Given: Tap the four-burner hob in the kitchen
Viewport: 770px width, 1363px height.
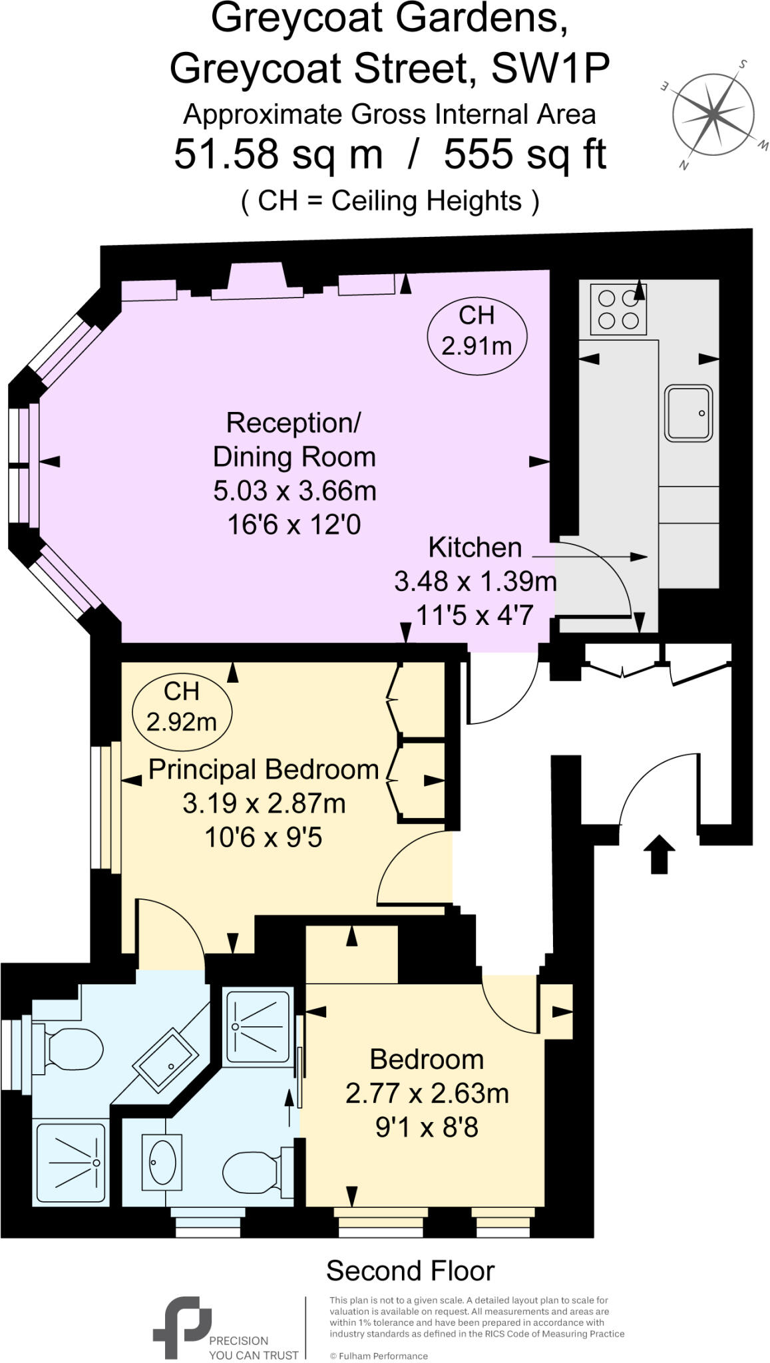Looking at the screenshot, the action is coord(618,309).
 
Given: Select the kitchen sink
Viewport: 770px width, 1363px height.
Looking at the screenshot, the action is coord(688,413).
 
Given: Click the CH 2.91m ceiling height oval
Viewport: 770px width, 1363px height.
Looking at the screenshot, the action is coord(477,331).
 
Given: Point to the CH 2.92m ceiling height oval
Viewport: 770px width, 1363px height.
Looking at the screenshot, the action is coord(182,707).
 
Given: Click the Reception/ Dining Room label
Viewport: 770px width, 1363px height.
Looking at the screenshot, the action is coord(294,440).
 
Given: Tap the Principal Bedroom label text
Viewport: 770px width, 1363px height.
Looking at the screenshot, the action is coord(264,769).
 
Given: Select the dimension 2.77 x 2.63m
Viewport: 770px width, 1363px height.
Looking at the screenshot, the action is coord(427,1093).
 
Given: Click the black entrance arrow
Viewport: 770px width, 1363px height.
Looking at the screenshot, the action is coord(659,853).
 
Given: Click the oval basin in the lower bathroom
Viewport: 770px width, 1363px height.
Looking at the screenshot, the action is coord(162,1162).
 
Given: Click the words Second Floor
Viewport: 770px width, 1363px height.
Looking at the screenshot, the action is coord(411,1271).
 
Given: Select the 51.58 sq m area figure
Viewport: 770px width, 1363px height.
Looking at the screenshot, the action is coord(278,154).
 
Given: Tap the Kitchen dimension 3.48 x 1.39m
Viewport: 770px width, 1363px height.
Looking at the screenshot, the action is coord(475,581).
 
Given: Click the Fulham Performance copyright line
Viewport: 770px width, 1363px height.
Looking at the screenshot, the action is coord(379,1356).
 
